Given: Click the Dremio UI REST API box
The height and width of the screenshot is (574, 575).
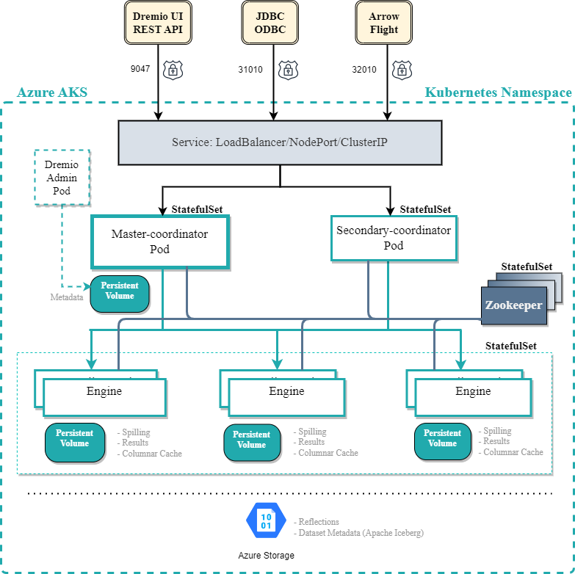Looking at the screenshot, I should coord(158,23).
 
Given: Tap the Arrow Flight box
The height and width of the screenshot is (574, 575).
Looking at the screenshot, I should coord(384,23).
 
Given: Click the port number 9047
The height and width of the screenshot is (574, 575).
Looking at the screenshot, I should coord(140,70).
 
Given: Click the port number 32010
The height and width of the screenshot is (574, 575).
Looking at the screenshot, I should coord(364,70).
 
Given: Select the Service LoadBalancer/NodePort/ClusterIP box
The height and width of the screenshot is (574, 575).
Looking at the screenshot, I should coord(280,142).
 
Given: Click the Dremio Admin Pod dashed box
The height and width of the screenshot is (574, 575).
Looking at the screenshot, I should coord(62,176).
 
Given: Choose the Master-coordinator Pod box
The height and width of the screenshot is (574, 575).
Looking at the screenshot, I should coord(159,241).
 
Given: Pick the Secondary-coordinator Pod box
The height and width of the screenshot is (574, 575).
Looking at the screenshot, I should coord(394,238).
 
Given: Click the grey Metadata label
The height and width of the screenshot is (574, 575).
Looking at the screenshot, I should coord(66,297).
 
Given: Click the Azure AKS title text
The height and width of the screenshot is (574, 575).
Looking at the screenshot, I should coord(52,92).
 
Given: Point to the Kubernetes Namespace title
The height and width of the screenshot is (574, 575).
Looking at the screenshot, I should coord(498,92).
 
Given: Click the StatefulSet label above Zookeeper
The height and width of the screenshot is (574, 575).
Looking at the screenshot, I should coord(527,266).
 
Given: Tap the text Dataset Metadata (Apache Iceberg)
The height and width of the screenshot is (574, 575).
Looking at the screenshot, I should coord(359,533).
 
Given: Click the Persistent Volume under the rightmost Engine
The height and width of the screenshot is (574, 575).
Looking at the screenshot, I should coord(442,442).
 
